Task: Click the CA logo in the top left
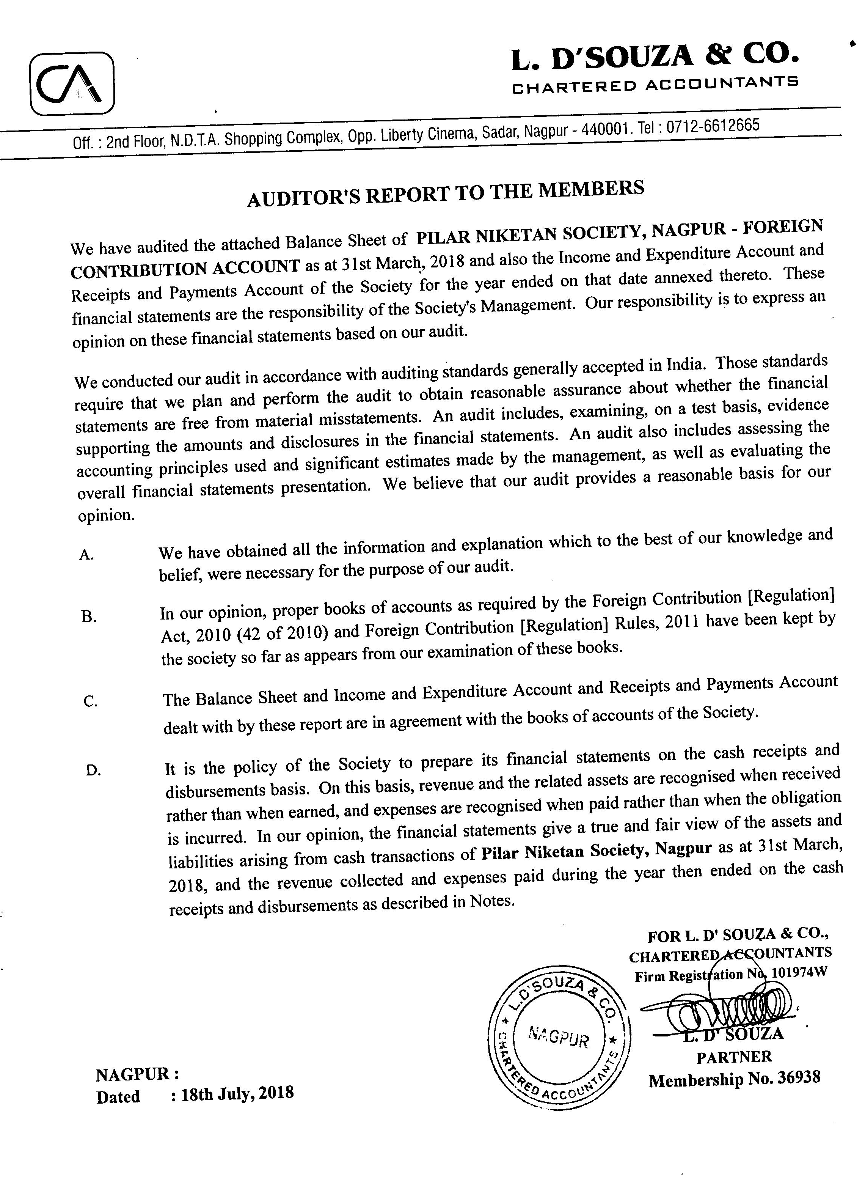[72, 84]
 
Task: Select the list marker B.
[89, 617]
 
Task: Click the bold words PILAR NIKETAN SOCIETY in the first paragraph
[528, 234]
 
